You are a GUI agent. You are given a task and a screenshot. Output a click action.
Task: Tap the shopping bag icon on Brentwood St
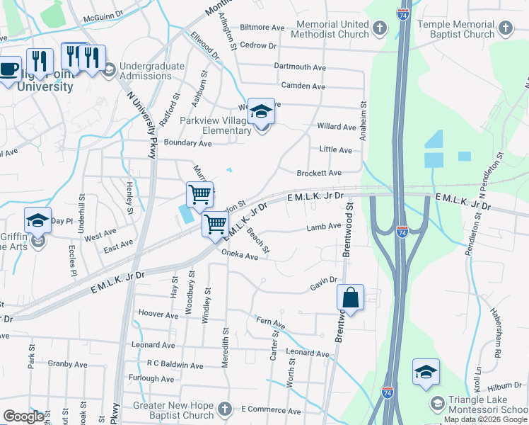tap(350, 297)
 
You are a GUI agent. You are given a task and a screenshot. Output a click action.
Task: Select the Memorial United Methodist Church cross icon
tap(380, 29)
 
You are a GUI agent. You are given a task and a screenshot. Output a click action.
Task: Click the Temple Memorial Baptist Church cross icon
tap(505, 29)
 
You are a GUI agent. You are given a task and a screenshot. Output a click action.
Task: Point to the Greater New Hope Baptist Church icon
tap(225, 409)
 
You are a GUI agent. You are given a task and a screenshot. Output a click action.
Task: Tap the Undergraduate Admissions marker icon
tap(110, 70)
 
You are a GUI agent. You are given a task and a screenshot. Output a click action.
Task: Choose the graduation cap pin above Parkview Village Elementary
tap(261, 111)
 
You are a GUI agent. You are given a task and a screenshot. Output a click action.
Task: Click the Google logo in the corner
tap(24, 416)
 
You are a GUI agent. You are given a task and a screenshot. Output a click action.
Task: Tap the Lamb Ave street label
tap(324, 227)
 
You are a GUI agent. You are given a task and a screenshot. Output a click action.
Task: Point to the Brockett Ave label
tap(319, 173)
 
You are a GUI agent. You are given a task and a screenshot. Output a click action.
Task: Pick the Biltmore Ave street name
tap(262, 28)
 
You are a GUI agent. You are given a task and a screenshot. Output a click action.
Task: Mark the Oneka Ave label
tap(240, 254)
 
